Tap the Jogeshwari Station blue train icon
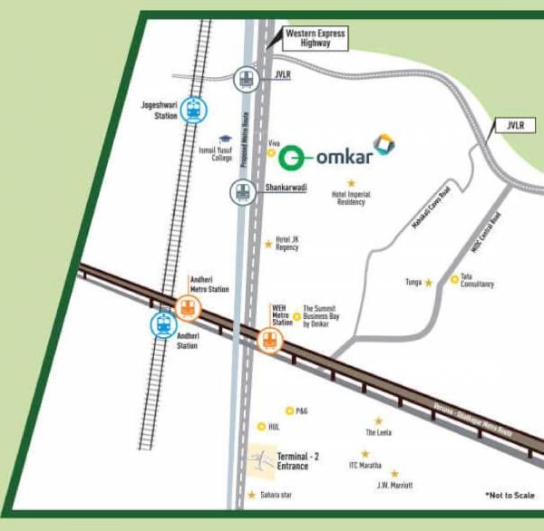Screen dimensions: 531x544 [191, 110]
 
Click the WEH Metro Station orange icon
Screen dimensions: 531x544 [269, 341]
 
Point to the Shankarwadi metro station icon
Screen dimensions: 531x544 [241, 190]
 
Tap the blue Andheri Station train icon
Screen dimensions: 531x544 [164, 324]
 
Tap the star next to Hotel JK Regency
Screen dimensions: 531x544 [268, 243]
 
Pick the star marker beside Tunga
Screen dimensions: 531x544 [429, 283]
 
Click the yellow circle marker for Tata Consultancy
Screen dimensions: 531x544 [454, 278]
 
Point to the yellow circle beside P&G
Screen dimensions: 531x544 [289, 410]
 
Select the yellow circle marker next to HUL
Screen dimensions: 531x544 [262, 426]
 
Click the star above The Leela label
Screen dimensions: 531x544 [378, 420]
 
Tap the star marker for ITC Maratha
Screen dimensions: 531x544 [366, 454]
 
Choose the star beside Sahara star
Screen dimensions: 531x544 [251, 495]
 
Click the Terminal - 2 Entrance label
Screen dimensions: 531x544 [298, 460]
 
